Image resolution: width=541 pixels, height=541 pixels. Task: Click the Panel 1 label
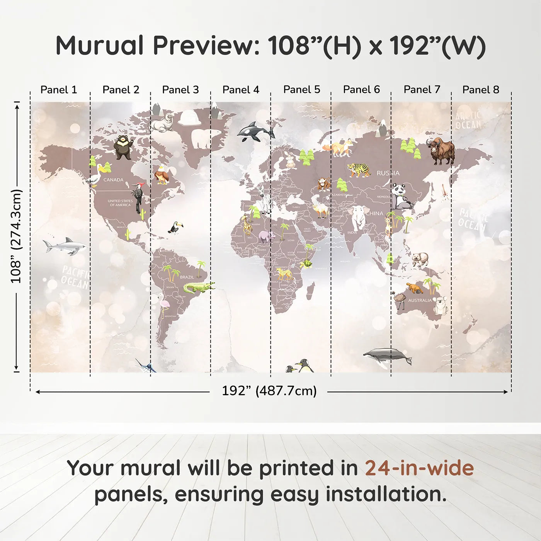pyautogui.click(x=59, y=90)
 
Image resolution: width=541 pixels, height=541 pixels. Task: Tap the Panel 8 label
pyautogui.click(x=481, y=90)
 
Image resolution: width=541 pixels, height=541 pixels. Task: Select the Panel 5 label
pyautogui.click(x=301, y=90)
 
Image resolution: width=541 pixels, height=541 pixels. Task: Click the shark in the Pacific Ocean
pyautogui.click(x=65, y=246)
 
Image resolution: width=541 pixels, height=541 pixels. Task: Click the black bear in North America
pyautogui.click(x=123, y=147)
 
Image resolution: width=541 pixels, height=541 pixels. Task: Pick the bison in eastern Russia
pyautogui.click(x=441, y=151)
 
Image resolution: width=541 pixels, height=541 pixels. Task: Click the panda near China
pyautogui.click(x=400, y=196)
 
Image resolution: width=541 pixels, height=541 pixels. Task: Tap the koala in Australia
pyautogui.click(x=441, y=305)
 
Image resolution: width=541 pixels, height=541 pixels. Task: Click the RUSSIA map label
pyautogui.click(x=388, y=173)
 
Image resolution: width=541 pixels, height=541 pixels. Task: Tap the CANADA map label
pyautogui.click(x=113, y=180)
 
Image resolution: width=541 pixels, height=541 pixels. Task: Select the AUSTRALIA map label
pyautogui.click(x=420, y=300)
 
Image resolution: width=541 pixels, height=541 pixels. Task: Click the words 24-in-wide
pyautogui.click(x=419, y=468)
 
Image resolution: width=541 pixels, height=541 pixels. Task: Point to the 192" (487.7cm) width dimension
pyautogui.click(x=269, y=391)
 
